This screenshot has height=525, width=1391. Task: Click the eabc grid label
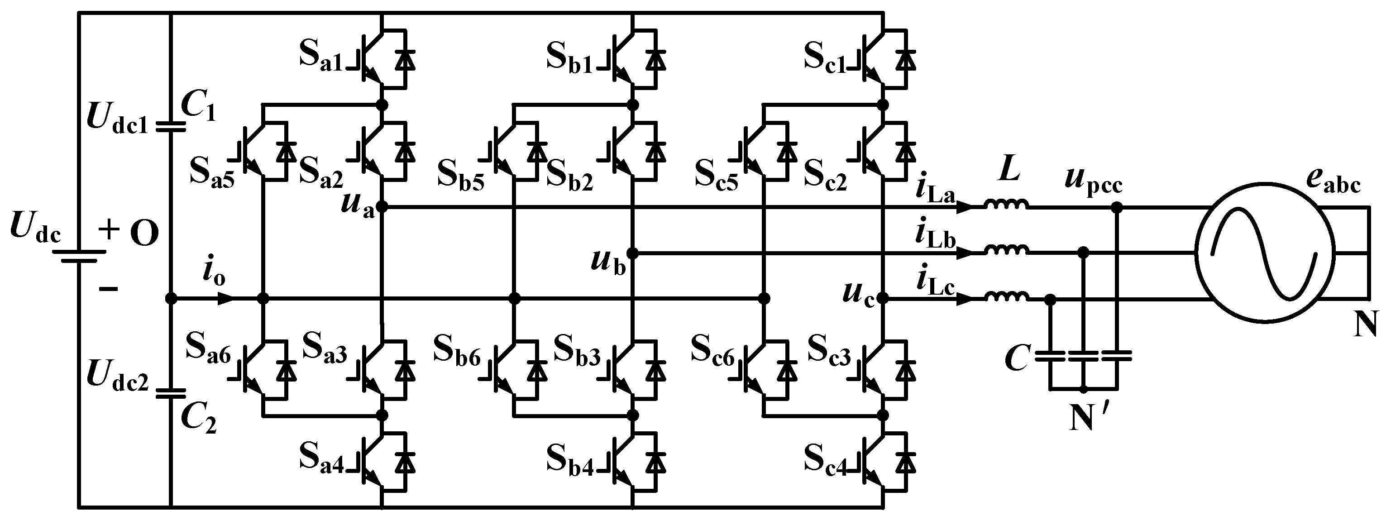point(1333,181)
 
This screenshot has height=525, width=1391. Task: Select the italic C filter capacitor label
point(1016,360)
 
